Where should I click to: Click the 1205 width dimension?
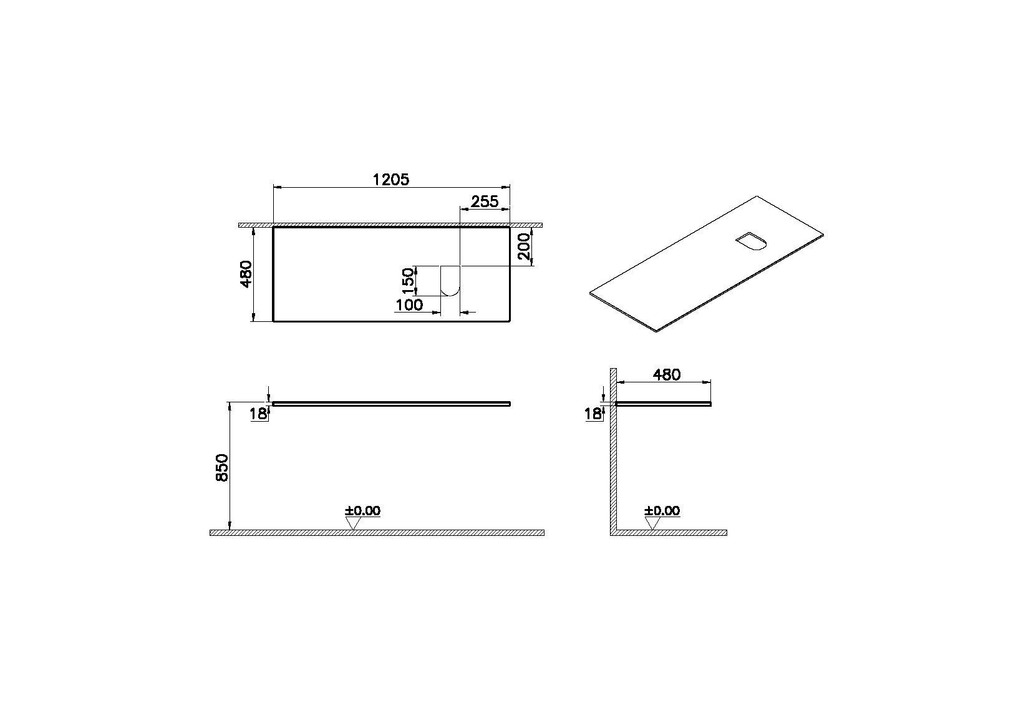(390, 180)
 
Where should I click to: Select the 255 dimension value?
(484, 201)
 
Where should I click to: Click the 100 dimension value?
(409, 305)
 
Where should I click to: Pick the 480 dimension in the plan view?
(246, 274)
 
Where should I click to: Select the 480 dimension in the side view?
(666, 374)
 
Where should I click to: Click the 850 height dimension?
(222, 467)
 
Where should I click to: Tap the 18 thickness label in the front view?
(259, 413)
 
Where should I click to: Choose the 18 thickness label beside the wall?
(594, 413)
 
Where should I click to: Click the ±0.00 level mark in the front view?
(362, 511)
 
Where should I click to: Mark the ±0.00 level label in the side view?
(662, 511)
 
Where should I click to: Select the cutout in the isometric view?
(751, 241)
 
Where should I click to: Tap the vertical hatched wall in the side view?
(613, 462)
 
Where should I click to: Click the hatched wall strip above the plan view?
(390, 225)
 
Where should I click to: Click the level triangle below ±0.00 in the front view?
(353, 523)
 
